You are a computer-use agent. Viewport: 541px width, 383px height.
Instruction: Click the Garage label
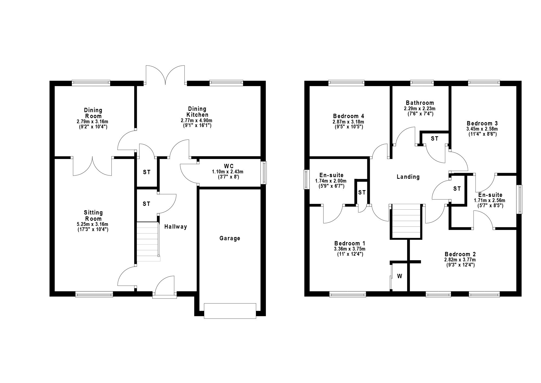pyautogui.click(x=230, y=238)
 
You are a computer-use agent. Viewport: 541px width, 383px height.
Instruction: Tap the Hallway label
pyautogui.click(x=176, y=227)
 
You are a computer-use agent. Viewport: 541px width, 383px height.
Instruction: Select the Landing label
pyautogui.click(x=408, y=177)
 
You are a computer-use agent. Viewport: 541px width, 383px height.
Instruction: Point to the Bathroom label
pyautogui.click(x=420, y=103)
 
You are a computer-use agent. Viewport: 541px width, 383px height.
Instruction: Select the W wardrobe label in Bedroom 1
pyautogui.click(x=400, y=276)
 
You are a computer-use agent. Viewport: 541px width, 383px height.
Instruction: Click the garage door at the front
pyautogui.click(x=230, y=311)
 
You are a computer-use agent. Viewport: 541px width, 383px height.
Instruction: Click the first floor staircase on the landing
pyautogui.click(x=406, y=221)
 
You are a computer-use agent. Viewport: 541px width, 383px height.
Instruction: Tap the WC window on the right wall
pyautogui.click(x=263, y=173)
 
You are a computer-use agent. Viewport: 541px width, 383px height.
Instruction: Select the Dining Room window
pyautogui.click(x=91, y=83)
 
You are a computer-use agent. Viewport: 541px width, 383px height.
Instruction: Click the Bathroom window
pyautogui.click(x=422, y=83)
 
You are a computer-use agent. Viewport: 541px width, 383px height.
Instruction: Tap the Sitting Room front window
pyautogui.click(x=94, y=294)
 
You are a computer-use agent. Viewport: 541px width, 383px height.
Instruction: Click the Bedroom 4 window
pyautogui.click(x=346, y=83)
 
